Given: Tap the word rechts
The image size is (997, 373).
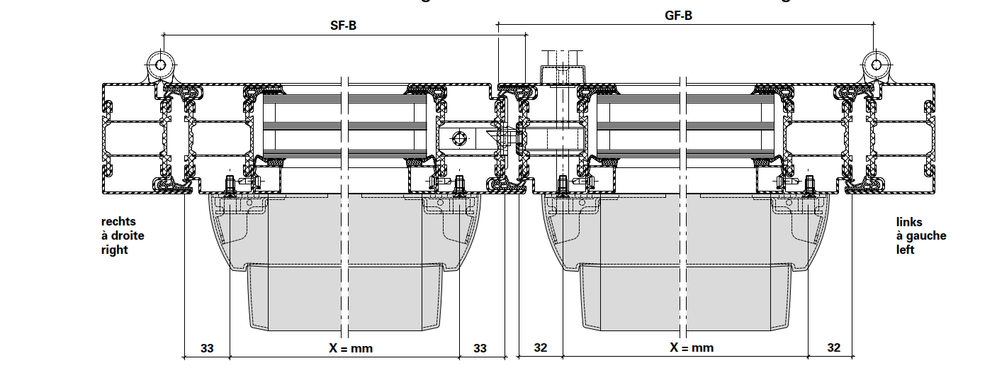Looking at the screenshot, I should tap(118, 222).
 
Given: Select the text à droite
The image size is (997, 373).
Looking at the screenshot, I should tap(123, 236).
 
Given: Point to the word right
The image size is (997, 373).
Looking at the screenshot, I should tap(115, 250).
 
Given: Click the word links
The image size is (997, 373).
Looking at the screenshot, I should tap(909, 222).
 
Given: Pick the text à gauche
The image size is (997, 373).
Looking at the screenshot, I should tap(920, 236).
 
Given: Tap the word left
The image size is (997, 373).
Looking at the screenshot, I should tap(905, 250).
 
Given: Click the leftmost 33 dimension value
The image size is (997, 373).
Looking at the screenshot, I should tap(207, 348).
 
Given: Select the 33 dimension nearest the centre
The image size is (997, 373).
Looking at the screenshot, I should tap(480, 348).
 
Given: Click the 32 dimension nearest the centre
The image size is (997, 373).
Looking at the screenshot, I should tap(541, 348).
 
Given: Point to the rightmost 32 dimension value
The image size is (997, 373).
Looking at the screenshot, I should tap(833, 348).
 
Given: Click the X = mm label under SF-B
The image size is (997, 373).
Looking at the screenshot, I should tap(351, 348).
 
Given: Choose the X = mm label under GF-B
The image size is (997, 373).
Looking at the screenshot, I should tap(692, 348).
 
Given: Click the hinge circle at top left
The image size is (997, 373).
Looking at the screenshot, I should tap(161, 65).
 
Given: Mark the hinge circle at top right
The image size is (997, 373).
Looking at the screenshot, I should tap(877, 65).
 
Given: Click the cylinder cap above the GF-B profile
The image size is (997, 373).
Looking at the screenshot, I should tap(563, 74).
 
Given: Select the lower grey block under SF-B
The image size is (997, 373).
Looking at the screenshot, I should tap(346, 298).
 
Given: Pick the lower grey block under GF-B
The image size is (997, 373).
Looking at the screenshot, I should tap(685, 298).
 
